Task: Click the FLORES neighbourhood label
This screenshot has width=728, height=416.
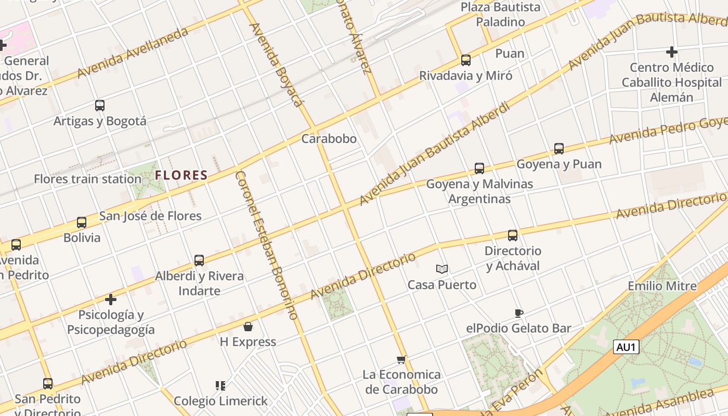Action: (x=181, y=175)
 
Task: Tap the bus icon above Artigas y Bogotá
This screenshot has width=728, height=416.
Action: (x=100, y=106)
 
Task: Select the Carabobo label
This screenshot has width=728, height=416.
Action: (x=329, y=139)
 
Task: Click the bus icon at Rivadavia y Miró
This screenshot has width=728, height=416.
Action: (x=466, y=60)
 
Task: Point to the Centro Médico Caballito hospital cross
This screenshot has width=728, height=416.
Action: (x=672, y=52)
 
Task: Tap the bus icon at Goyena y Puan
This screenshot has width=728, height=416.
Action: (x=559, y=149)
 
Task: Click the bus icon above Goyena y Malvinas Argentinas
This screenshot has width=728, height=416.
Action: (x=479, y=168)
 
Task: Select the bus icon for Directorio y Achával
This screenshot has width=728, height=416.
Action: (x=513, y=236)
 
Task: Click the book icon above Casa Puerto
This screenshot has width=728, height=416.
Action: (x=442, y=269)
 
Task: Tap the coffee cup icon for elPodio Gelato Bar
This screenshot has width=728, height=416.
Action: (x=518, y=313)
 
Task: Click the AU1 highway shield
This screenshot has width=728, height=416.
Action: (x=626, y=347)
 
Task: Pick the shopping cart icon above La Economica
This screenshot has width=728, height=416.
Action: (x=401, y=359)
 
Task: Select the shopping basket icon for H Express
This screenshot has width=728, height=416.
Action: (x=248, y=327)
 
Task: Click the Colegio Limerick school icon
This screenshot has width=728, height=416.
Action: (x=220, y=386)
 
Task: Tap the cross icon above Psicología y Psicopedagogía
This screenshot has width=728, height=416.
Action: (x=111, y=300)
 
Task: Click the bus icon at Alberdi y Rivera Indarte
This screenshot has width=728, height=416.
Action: (x=199, y=261)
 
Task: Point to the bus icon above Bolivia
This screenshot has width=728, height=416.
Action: (x=82, y=223)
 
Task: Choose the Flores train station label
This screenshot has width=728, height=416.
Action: (x=87, y=179)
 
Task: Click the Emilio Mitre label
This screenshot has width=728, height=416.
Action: (x=662, y=286)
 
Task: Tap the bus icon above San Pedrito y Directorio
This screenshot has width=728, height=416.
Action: (x=48, y=384)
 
